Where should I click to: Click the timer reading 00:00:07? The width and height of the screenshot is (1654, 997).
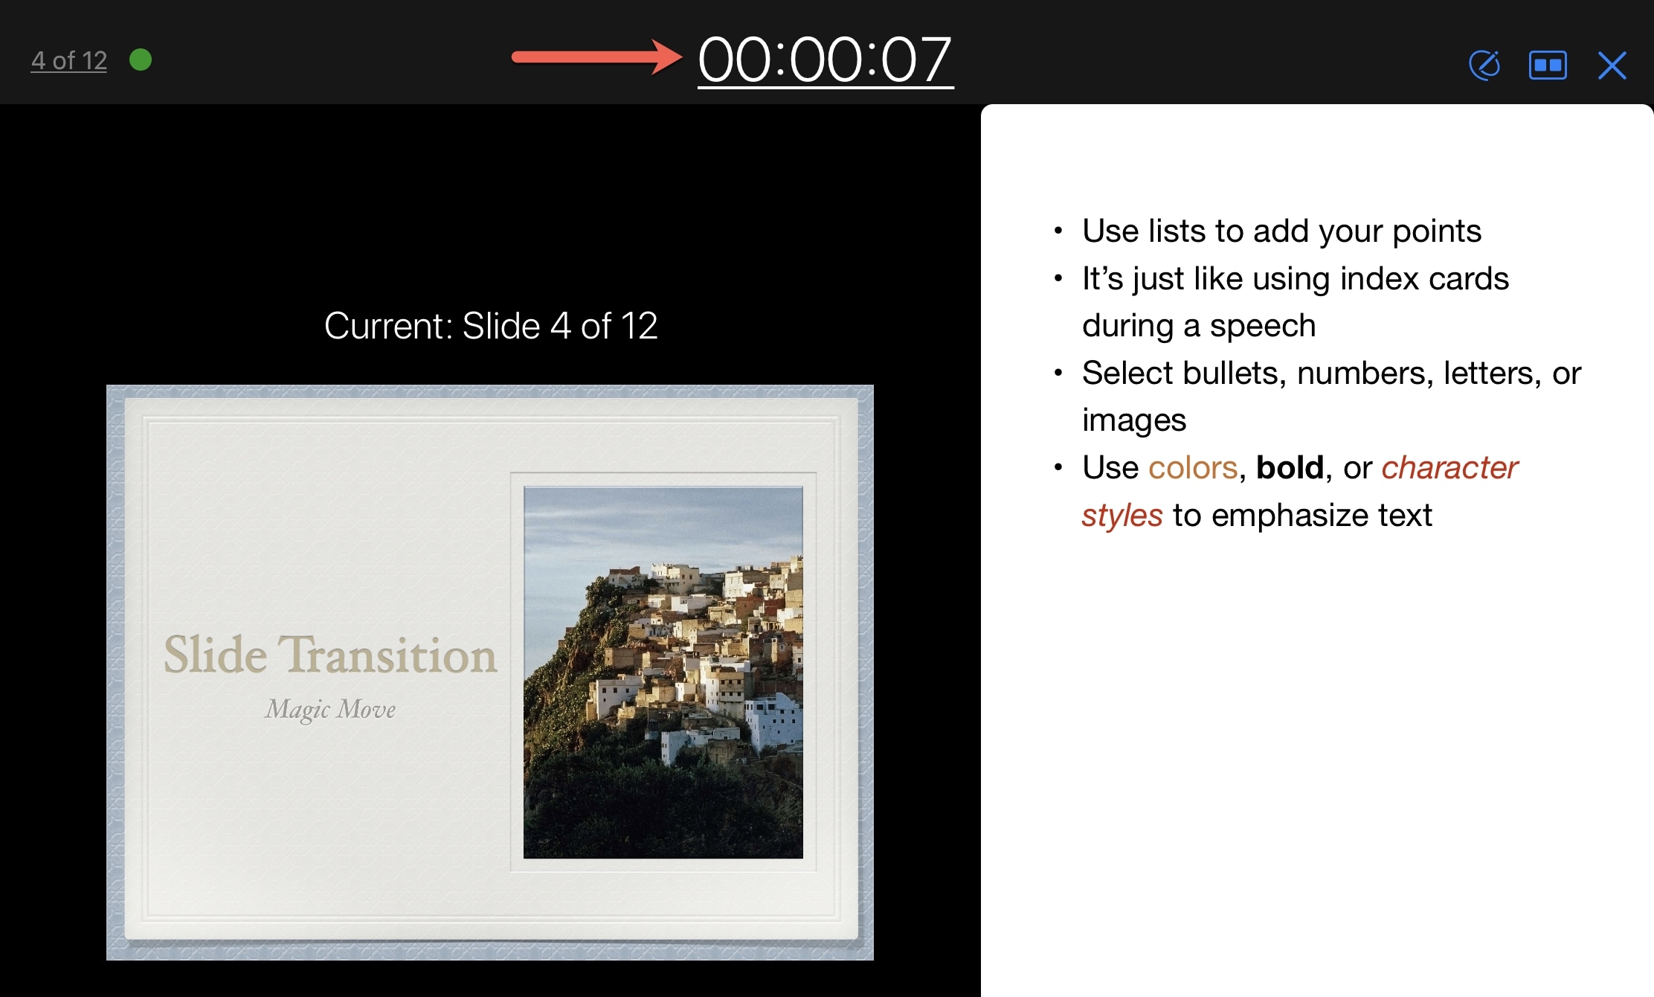point(825,60)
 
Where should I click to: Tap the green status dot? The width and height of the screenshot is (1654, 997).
point(141,60)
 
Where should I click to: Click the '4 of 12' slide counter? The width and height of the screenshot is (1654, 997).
point(69,60)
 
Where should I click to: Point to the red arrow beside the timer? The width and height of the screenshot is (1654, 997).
point(596,57)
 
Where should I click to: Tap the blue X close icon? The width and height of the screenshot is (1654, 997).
point(1612,65)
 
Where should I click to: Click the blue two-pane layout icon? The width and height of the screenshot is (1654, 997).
point(1548,65)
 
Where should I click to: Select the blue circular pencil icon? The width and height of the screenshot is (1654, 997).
point(1484,65)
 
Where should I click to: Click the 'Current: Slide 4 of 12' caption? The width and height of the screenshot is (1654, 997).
point(491,326)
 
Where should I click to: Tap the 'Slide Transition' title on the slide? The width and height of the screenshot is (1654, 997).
point(330,655)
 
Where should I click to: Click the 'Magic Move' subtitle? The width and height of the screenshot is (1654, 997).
point(330,709)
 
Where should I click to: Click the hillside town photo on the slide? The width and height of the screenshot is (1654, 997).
point(663,672)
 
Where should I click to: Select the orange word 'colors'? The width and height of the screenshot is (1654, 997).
point(1193,468)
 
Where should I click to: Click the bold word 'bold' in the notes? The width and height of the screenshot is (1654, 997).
point(1290,468)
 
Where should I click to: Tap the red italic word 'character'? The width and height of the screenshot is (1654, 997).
point(1449,468)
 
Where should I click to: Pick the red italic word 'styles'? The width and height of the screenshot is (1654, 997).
point(1122,515)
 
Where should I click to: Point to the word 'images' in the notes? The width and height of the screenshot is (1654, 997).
point(1134,420)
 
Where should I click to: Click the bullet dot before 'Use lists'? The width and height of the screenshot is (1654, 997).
point(1058,231)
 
